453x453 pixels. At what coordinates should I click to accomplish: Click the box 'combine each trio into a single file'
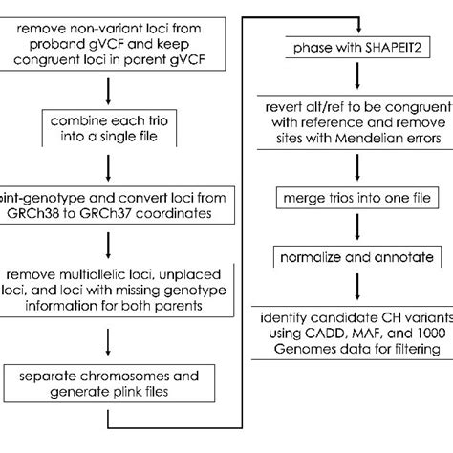coord(113,131)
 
